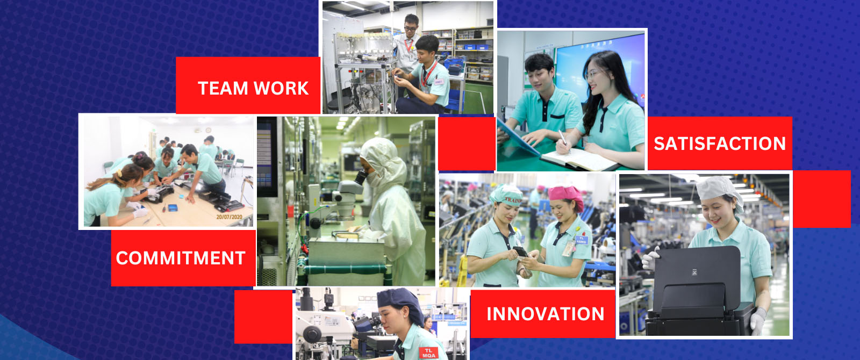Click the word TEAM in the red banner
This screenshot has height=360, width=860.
tap(223, 88)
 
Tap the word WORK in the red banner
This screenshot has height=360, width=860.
tap(281, 88)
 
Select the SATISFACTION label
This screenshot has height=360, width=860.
tap(720, 143)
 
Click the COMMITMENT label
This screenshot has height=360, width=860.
tap(181, 258)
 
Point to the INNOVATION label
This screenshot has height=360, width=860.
tap(546, 314)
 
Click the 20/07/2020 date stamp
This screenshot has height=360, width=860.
tap(229, 217)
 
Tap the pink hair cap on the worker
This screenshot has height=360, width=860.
tap(567, 195)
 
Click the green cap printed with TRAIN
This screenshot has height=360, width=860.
tap(506, 194)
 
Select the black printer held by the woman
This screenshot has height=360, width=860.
tap(697, 290)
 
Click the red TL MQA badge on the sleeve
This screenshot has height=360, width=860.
tap(428, 352)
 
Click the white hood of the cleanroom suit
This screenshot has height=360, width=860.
tap(384, 161)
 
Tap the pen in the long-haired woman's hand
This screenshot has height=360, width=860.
tap(563, 138)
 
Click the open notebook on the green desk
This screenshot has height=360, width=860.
tap(580, 159)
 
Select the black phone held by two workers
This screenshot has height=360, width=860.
tap(521, 252)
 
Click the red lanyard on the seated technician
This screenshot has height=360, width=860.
tap(428, 73)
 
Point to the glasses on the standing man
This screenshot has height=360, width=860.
tap(410, 28)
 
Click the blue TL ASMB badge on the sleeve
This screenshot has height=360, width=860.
tap(581, 240)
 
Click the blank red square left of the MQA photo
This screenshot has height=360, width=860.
tap(263, 317)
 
